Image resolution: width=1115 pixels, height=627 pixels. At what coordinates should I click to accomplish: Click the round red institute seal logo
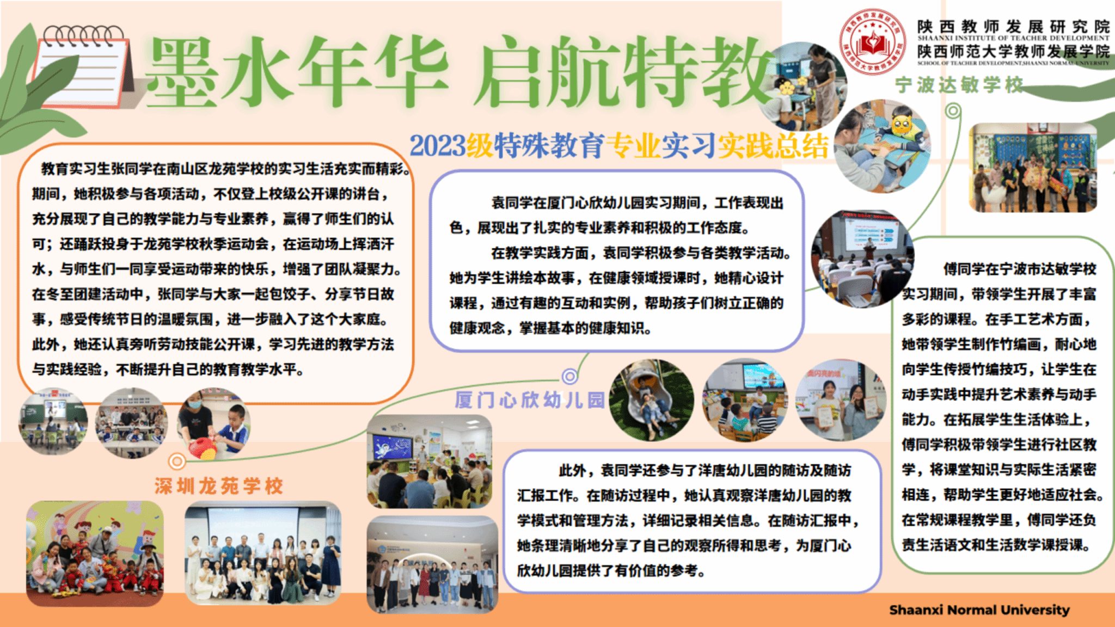[x=873, y=42]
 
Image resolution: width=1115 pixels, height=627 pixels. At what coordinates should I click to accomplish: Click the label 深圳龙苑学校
[x=219, y=485]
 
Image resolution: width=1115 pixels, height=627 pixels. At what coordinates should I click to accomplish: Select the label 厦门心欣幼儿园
[x=530, y=400]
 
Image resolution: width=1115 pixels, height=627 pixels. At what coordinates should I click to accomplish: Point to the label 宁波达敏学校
[x=959, y=85]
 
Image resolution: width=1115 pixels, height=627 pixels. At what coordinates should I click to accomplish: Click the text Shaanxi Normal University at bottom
[x=979, y=610]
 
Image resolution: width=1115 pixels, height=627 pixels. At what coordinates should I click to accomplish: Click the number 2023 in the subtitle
[x=438, y=146]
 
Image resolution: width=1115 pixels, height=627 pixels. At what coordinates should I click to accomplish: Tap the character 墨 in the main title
[x=182, y=72]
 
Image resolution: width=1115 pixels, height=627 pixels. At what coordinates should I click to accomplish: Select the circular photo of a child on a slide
[x=652, y=400]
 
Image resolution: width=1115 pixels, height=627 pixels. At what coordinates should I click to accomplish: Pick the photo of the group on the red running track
[x=95, y=554]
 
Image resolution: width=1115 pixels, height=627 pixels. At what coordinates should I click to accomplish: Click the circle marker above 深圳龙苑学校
[x=176, y=462]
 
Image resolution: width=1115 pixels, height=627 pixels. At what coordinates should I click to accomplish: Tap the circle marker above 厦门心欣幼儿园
[x=569, y=376]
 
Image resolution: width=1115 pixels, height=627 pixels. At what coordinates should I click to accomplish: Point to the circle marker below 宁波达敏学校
[x=953, y=111]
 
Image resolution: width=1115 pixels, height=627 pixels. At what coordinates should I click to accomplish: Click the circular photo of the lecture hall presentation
[x=862, y=259]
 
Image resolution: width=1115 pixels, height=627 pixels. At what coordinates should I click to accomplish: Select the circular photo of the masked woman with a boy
[x=214, y=423]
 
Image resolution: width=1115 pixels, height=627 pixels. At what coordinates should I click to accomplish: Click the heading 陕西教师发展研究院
[x=1013, y=26]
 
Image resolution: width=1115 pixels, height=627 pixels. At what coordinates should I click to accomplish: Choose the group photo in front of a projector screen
[x=263, y=553]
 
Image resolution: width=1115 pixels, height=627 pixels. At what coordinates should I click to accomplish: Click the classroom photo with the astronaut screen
[x=430, y=462]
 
